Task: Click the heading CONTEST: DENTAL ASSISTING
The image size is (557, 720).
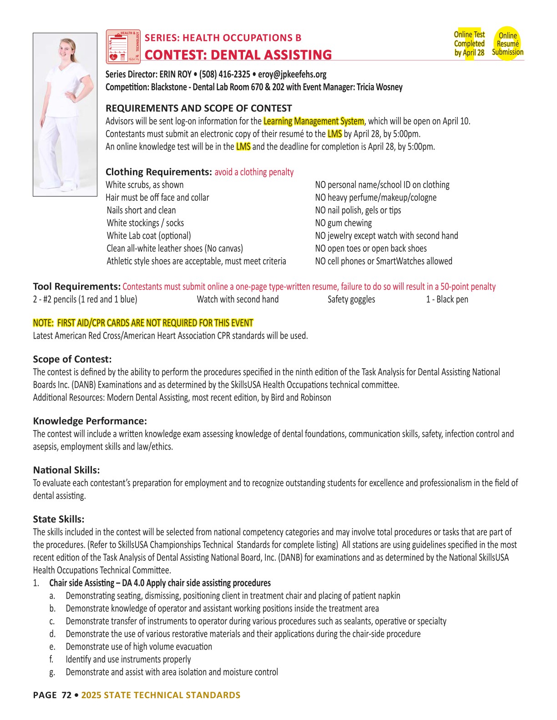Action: (238, 55)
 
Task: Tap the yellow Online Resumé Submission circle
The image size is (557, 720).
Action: (507, 44)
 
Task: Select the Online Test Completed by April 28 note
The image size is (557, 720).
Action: (469, 44)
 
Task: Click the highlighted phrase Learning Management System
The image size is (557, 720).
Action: (314, 121)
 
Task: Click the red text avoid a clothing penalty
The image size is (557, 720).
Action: (254, 172)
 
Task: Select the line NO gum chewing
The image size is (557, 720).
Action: (344, 223)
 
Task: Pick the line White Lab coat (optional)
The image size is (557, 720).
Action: (149, 236)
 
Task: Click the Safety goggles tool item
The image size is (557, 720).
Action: (351, 300)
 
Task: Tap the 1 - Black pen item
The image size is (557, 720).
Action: (447, 300)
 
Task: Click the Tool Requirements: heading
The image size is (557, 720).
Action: (76, 287)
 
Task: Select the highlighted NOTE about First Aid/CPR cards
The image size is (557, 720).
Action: (143, 323)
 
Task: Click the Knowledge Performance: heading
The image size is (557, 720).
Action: (90, 421)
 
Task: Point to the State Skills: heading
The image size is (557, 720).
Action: (59, 519)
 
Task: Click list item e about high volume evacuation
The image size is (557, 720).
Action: (139, 647)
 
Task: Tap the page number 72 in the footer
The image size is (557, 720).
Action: (66, 695)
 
